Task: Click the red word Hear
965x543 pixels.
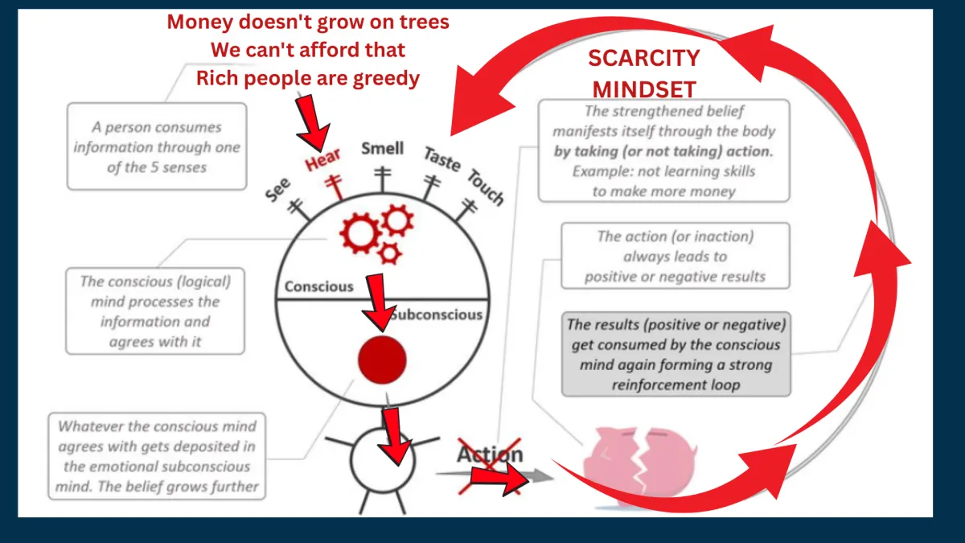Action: tap(322, 159)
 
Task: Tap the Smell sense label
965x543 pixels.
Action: tap(383, 149)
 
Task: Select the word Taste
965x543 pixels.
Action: tap(442, 158)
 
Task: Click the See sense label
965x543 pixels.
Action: tap(278, 190)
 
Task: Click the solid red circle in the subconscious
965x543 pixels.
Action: tap(382, 360)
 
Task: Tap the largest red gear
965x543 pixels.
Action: tap(360, 233)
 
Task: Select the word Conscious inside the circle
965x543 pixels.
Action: tap(318, 286)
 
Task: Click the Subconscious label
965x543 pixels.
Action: tap(436, 315)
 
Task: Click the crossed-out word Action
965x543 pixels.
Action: tap(490, 455)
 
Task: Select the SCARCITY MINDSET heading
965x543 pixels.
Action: tap(644, 74)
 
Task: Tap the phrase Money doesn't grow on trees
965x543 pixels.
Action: tap(308, 22)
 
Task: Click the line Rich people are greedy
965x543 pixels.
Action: tap(308, 79)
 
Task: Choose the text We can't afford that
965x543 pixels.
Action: tap(308, 50)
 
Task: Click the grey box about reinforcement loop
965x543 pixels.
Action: tap(676, 354)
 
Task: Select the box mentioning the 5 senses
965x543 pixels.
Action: tap(157, 146)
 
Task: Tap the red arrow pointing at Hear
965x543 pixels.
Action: tap(313, 124)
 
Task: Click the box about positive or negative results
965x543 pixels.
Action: tap(675, 256)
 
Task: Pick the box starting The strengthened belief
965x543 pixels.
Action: tap(664, 151)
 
